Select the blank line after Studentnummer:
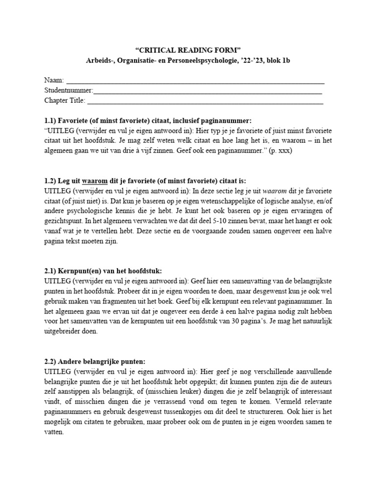click(x=208, y=91)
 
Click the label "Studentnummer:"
click(x=69, y=91)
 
